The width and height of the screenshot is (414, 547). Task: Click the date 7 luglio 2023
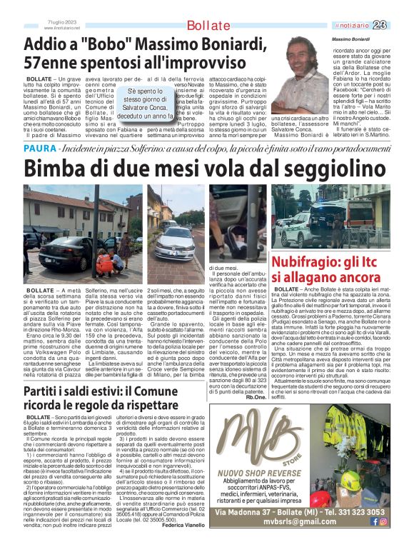pos(61,24)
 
